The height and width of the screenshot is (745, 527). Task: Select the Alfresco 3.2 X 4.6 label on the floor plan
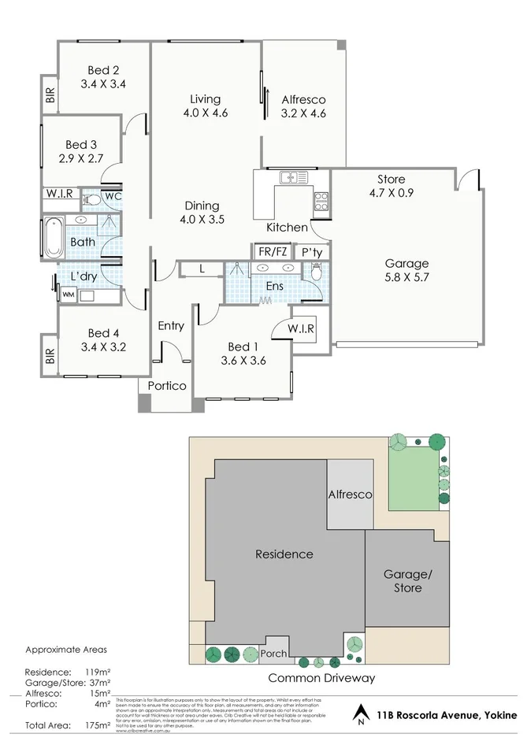click(303, 106)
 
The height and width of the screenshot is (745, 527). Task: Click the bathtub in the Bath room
click(53, 237)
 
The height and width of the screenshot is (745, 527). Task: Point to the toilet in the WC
click(92, 200)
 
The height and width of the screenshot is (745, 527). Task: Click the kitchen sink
click(292, 177)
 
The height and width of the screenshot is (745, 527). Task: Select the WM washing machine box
click(68, 295)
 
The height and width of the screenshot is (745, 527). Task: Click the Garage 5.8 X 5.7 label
click(406, 270)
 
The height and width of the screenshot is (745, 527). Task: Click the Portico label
click(167, 386)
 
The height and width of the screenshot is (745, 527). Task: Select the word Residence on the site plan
click(284, 554)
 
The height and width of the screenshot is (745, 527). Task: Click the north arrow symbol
click(360, 714)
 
